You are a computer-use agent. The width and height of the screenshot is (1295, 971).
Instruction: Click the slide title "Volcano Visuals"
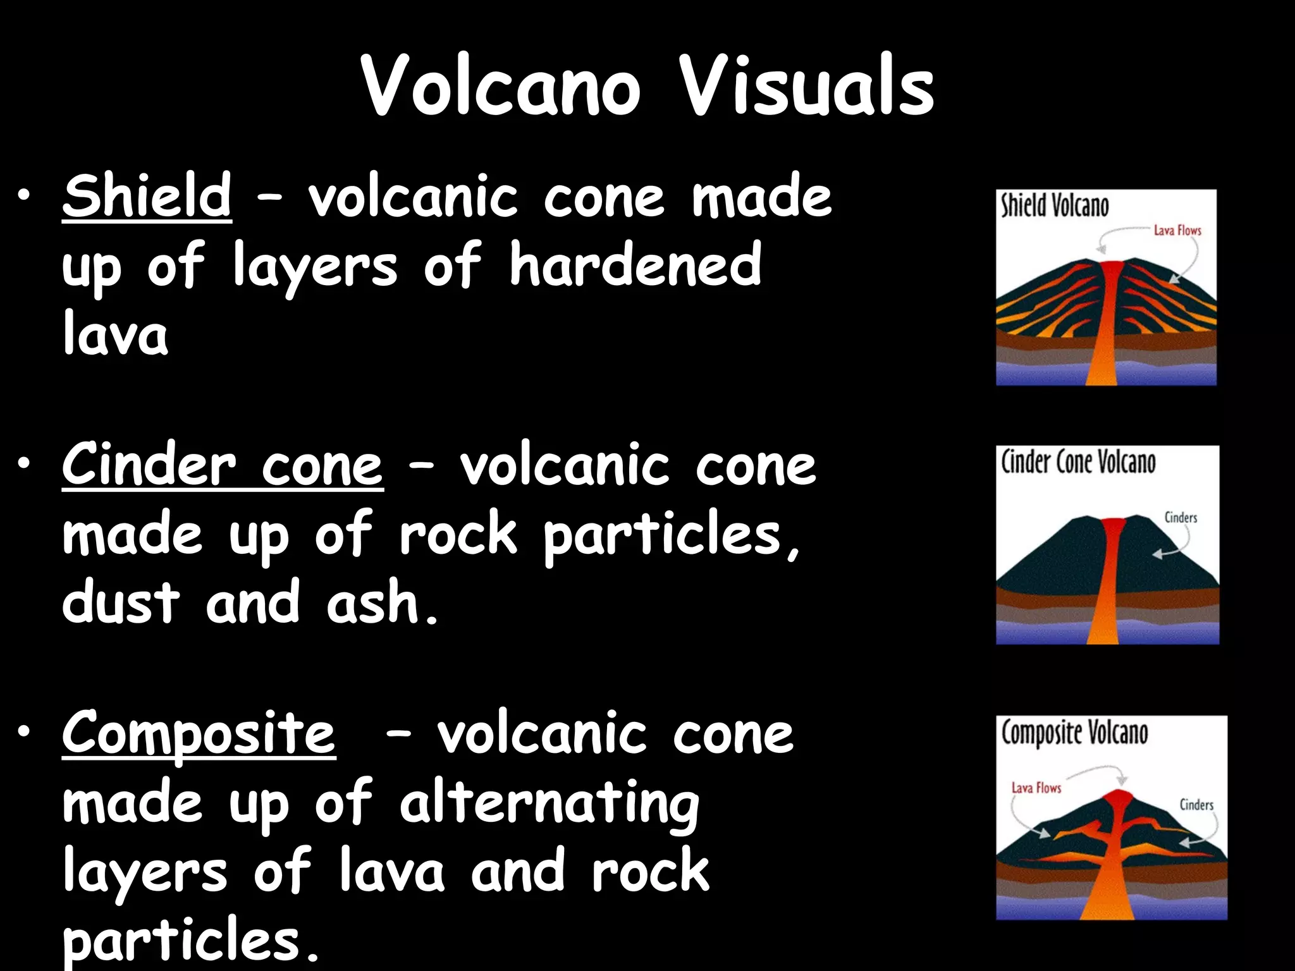(x=647, y=86)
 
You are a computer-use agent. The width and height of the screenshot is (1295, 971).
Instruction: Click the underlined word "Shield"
(x=147, y=196)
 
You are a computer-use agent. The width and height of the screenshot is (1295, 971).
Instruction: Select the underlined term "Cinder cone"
(x=223, y=465)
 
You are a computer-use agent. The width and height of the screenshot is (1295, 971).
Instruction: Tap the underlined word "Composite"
(x=199, y=733)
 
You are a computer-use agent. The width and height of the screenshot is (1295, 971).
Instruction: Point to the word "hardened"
(x=635, y=266)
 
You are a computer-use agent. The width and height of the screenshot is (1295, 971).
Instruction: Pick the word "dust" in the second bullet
(x=121, y=602)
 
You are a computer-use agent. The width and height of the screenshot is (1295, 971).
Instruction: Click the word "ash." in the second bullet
(x=381, y=602)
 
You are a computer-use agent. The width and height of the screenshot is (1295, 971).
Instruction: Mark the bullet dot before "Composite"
(x=24, y=732)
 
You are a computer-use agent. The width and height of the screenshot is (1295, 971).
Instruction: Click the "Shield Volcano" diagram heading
(x=1054, y=206)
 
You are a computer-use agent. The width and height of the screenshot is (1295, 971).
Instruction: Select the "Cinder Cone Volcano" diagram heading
(x=1078, y=462)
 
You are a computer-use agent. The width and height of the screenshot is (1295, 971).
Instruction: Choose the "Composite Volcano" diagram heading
(x=1074, y=733)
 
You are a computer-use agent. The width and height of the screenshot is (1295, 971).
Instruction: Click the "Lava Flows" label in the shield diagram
(x=1177, y=231)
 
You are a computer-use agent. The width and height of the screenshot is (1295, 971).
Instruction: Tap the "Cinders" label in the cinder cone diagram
(x=1181, y=518)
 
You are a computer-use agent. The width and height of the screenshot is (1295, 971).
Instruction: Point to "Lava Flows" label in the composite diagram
(x=1036, y=788)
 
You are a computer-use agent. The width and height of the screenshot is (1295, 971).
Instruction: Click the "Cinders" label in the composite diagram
(x=1196, y=805)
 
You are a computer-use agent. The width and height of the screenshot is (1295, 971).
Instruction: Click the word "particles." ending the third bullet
(x=190, y=941)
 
